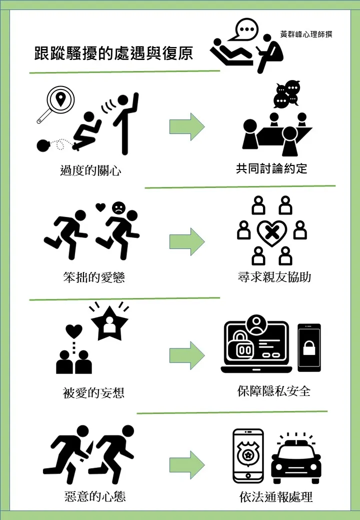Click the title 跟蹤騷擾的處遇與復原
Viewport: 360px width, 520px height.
(x=113, y=53)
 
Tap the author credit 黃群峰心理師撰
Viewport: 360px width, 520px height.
(x=306, y=35)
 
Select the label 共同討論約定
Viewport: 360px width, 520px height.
(x=271, y=168)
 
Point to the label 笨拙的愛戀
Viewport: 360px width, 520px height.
(x=94, y=277)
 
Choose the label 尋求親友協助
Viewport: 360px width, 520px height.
(x=274, y=277)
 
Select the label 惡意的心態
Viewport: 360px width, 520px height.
(x=95, y=496)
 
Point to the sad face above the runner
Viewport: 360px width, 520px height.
(x=118, y=207)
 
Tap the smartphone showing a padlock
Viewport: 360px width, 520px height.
(x=309, y=347)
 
